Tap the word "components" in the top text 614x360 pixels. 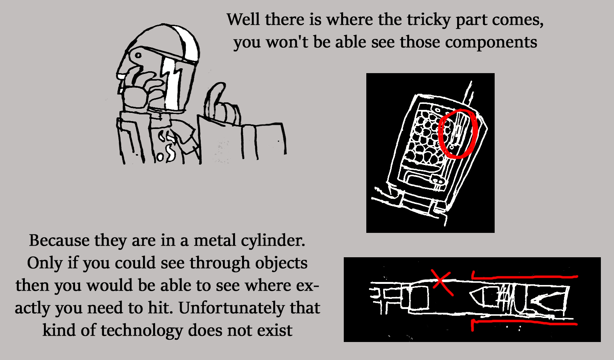pyautogui.click(x=491, y=42)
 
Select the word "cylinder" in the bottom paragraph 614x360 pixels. pyautogui.click(x=273, y=240)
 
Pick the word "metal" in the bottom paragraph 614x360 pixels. pyautogui.click(x=215, y=240)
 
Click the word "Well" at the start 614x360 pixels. pyautogui.click(x=243, y=19)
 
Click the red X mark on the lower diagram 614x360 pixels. pyautogui.click(x=442, y=283)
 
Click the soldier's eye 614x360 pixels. pyautogui.click(x=138, y=55)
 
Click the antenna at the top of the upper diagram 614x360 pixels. pyautogui.click(x=468, y=93)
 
